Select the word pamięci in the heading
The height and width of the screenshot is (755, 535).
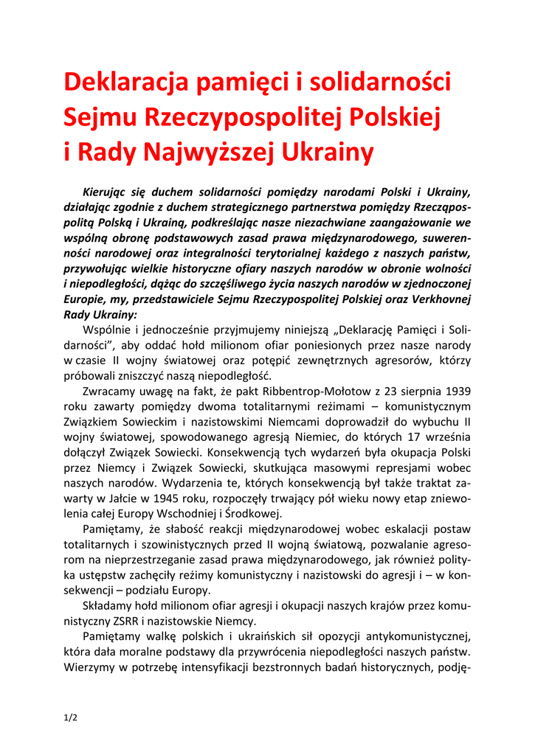247,83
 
